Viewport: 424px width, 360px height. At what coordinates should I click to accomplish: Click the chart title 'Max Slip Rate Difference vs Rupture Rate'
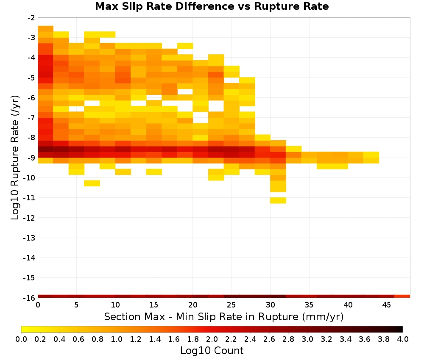click(x=212, y=6)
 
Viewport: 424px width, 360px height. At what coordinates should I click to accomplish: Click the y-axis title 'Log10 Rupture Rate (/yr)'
click(x=15, y=158)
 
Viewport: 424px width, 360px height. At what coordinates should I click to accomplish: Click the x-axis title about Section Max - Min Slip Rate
click(x=223, y=316)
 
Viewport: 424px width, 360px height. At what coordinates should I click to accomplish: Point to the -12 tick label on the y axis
click(x=30, y=218)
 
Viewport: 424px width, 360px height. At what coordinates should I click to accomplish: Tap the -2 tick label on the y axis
click(x=31, y=18)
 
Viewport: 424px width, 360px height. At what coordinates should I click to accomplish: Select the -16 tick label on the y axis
click(x=30, y=298)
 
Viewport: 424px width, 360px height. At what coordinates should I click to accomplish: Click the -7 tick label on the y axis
click(x=31, y=118)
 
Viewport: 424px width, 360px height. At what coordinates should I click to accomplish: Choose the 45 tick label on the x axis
click(x=386, y=305)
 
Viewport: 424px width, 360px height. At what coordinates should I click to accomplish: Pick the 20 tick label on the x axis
click(x=193, y=305)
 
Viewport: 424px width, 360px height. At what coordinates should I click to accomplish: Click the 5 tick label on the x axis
click(x=76, y=305)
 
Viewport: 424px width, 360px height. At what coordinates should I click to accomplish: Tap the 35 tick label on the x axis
click(x=309, y=305)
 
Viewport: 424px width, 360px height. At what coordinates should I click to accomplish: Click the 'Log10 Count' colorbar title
click(x=212, y=351)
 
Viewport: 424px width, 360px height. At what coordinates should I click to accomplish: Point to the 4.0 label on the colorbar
click(x=403, y=339)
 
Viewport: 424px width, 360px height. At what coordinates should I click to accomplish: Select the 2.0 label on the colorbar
click(x=212, y=339)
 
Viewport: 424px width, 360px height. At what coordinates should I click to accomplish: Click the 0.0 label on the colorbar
click(x=21, y=339)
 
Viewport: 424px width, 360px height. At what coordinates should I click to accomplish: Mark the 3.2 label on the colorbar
click(x=326, y=339)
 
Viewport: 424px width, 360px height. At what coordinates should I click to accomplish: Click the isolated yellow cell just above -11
click(x=278, y=200)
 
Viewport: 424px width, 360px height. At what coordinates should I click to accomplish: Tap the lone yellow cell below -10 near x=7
click(x=92, y=183)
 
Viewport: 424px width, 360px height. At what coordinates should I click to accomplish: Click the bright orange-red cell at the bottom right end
click(x=402, y=296)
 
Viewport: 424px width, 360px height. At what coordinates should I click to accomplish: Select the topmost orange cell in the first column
click(x=45, y=29)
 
